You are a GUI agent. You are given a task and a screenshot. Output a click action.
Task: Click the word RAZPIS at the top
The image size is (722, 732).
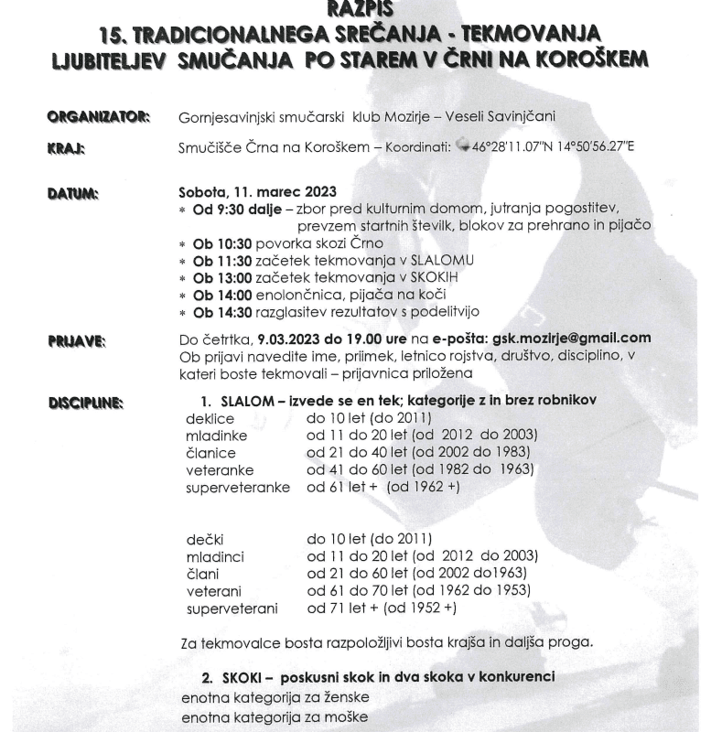tap(361, 7)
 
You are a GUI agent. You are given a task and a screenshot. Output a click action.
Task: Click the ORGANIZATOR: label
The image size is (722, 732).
tap(99, 116)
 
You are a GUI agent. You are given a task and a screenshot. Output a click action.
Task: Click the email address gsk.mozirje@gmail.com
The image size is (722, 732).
tap(571, 338)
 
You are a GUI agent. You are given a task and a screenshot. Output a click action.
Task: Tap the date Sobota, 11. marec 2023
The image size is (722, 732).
tap(245, 193)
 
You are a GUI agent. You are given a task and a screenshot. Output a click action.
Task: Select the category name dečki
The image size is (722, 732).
tap(205, 539)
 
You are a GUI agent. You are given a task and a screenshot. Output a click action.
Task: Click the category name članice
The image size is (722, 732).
tap(211, 453)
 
